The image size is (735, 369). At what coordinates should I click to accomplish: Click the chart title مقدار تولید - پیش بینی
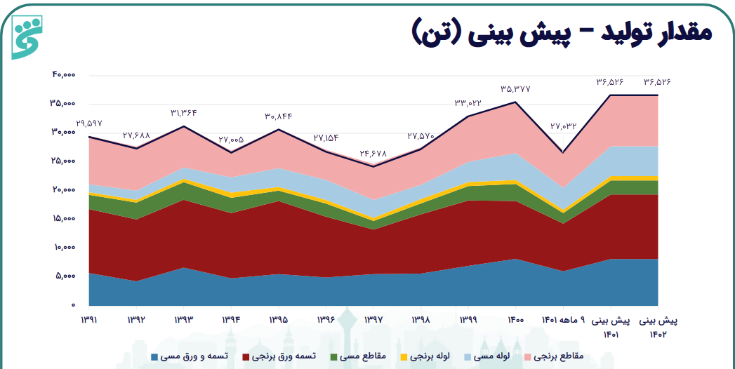coord(562,32)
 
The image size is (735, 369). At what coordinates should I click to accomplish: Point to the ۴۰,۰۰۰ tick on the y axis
coord(63,74)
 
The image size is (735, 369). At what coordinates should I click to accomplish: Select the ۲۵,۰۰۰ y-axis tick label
coord(63,161)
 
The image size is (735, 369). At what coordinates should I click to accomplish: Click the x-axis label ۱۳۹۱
coord(88,320)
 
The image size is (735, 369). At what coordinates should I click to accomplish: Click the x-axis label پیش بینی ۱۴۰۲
coord(658,326)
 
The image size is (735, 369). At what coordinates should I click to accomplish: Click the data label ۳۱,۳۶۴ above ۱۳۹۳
coord(184,113)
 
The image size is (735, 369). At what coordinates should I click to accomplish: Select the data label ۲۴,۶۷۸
coord(373,153)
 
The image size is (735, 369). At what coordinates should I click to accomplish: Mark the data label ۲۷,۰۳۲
coord(563,126)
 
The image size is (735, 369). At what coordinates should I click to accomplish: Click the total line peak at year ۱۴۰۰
coord(516,102)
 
